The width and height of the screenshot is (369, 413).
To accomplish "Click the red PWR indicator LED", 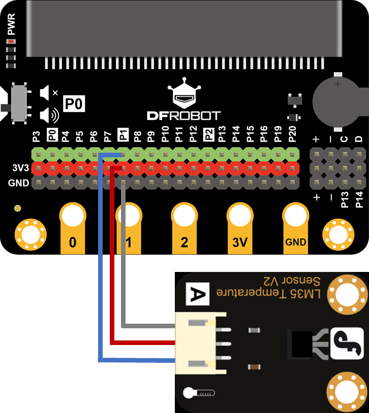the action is (x=11, y=42).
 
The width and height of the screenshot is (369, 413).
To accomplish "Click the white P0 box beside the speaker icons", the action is (x=74, y=104).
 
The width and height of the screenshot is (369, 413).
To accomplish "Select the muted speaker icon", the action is (x=49, y=93).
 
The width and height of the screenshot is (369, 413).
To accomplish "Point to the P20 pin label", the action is (x=292, y=134).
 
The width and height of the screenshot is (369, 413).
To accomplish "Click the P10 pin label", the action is (x=165, y=134).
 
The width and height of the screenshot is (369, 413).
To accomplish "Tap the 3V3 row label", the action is (x=20, y=168).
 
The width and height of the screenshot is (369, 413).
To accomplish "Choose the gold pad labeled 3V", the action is (x=240, y=228).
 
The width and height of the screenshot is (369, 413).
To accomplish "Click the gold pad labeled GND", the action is (x=296, y=228).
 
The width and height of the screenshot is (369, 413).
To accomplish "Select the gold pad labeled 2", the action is (x=184, y=228).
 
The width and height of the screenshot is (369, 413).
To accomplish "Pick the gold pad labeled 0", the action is (x=73, y=228).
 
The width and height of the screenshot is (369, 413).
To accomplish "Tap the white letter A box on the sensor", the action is (x=198, y=294).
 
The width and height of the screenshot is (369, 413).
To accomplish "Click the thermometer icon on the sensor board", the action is (x=199, y=393).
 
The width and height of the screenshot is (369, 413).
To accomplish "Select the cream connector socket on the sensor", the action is (x=201, y=343).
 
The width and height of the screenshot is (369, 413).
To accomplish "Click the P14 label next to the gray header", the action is (x=359, y=200).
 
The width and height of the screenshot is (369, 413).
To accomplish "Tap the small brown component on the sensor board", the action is (x=254, y=367).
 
